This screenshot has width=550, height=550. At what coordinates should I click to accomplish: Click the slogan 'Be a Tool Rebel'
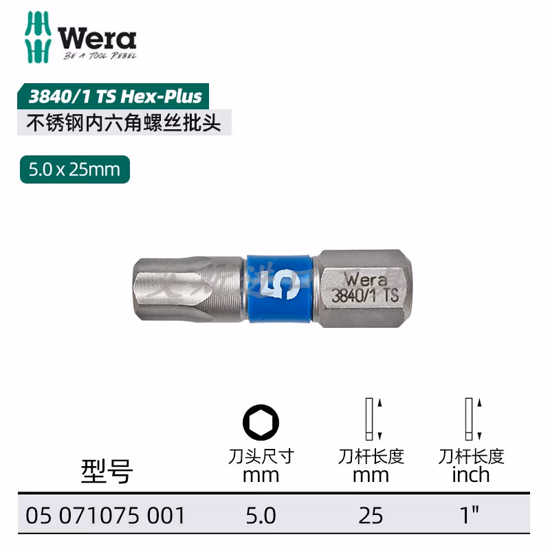pos(100,56)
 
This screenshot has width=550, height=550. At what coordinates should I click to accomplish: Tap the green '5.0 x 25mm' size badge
pos(75,168)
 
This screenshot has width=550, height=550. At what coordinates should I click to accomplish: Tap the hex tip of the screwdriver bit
pos(158,288)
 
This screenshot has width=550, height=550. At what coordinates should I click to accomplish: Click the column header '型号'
pos(107,471)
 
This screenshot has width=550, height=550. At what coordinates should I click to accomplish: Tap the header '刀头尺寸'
pos(261,456)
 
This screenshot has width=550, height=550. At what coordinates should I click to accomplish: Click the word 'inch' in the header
pos(471,474)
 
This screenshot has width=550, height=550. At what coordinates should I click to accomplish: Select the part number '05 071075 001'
pos(104,515)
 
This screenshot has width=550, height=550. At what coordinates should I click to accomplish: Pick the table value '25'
pos(371,515)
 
